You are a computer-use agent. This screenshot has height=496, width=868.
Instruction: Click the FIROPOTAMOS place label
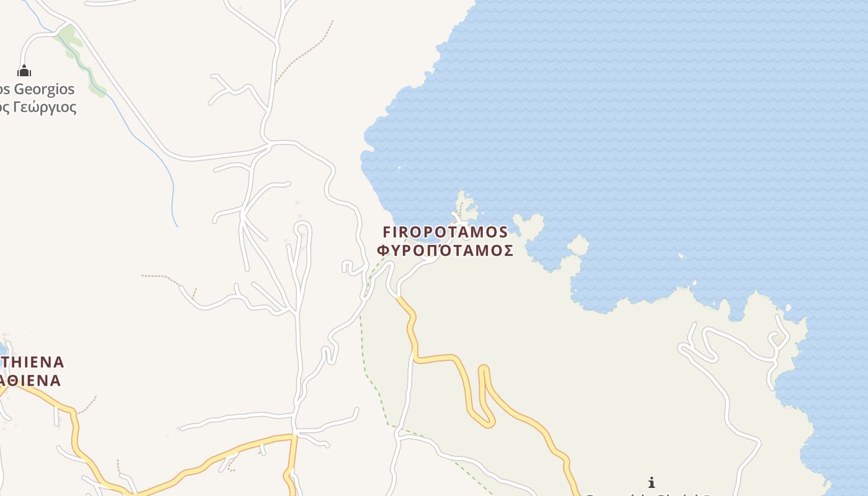(x=445, y=232)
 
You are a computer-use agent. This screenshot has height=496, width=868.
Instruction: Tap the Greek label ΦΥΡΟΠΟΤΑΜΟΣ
(x=445, y=250)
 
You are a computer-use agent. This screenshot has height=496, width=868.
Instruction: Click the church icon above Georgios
(x=24, y=71)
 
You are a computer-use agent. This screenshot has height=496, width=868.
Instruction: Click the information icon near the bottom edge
(x=651, y=482)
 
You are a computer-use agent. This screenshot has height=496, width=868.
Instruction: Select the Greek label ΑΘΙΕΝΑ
(x=31, y=380)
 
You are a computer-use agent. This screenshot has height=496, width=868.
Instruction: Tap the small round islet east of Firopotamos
(x=578, y=246)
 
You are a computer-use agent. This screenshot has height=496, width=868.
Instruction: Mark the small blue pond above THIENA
(x=2, y=348)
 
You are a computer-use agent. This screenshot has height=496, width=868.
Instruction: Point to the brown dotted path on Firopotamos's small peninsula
(x=460, y=207)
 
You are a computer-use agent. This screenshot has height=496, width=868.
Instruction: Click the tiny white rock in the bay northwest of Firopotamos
(x=399, y=167)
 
